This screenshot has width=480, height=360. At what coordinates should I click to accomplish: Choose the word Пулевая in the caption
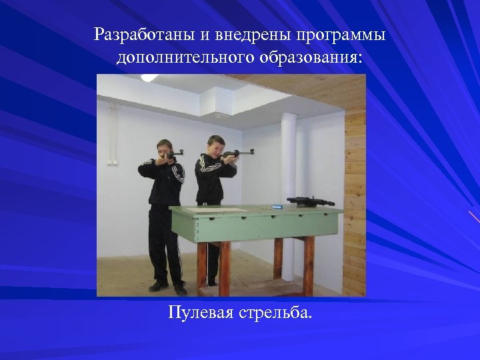tap(197, 312)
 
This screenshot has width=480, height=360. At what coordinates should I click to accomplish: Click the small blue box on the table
tap(275, 207)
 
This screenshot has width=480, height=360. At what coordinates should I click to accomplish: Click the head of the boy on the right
tap(215, 145)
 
